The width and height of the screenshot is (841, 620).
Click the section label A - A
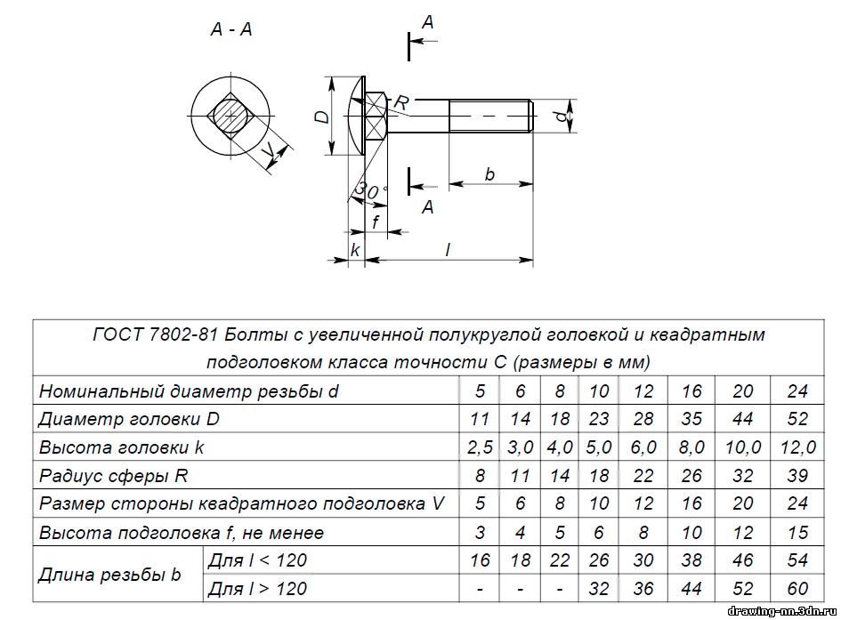(230, 29)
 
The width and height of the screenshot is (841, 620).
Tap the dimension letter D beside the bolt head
(324, 117)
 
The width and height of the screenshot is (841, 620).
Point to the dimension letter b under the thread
(489, 174)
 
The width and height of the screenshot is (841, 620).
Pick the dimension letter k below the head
(355, 251)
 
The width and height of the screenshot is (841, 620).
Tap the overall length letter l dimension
(448, 250)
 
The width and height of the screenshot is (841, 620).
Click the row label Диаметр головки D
(127, 418)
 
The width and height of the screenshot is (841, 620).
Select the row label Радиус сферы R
(113, 475)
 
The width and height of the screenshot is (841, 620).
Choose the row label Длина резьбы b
(109, 575)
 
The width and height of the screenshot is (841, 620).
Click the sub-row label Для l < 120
(257, 560)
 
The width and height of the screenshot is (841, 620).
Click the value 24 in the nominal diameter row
(797, 391)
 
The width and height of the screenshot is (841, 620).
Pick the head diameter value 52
(797, 419)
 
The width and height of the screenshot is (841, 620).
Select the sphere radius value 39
(797, 476)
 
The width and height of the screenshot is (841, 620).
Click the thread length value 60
(797, 590)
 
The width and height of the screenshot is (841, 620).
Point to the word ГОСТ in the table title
(122, 335)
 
